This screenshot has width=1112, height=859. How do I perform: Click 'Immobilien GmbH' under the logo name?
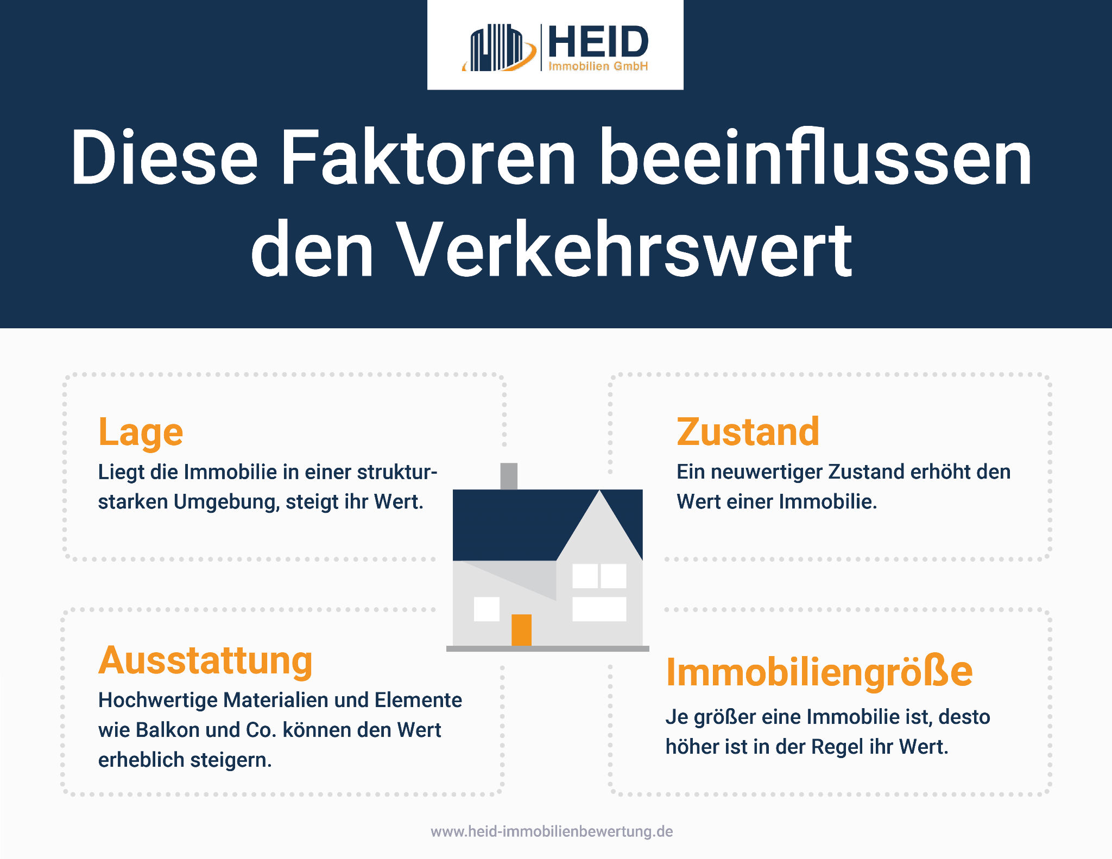598,66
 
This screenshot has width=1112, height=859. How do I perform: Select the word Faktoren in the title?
427,158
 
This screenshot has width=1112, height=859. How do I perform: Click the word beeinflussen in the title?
814,158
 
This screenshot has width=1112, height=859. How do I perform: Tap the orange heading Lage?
141,433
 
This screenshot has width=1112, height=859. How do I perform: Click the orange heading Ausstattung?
205,661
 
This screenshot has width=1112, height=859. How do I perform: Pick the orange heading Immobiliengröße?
819,672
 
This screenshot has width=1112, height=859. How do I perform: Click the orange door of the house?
521,629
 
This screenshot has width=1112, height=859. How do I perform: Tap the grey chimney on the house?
509,476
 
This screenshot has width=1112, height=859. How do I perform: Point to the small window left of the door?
486,609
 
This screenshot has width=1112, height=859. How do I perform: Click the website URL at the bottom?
552,831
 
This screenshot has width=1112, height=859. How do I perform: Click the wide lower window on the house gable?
599,609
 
